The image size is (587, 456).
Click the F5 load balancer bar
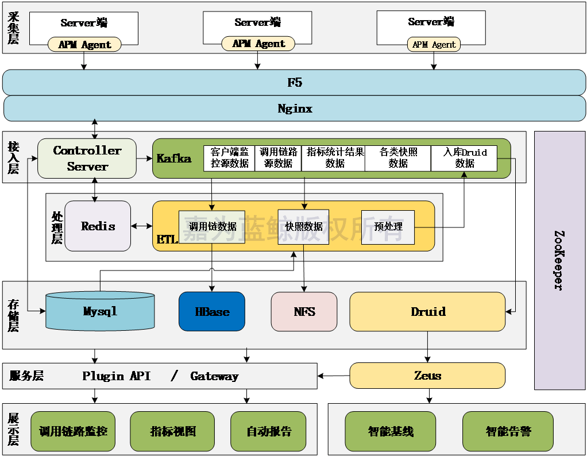(294, 83)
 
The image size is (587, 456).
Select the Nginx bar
(294, 109)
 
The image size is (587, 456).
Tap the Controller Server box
(87, 158)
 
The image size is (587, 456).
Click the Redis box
(98, 226)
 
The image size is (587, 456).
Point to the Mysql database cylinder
(100, 311)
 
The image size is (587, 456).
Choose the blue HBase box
(212, 311)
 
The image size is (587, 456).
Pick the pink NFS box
(304, 311)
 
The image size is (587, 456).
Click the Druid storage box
(428, 311)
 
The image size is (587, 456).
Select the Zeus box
(428, 376)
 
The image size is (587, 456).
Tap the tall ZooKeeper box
(560, 260)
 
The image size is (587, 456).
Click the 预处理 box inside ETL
(388, 227)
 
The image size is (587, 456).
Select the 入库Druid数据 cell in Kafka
(464, 158)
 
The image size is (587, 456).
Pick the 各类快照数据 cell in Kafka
(397, 158)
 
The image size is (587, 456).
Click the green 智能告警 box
(508, 431)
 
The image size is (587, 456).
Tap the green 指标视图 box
(172, 431)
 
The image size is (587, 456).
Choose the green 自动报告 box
(268, 431)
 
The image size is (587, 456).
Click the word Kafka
(174, 159)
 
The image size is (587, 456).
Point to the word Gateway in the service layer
(214, 376)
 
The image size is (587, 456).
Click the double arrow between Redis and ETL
(142, 226)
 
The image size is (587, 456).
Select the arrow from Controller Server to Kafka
(144, 158)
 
